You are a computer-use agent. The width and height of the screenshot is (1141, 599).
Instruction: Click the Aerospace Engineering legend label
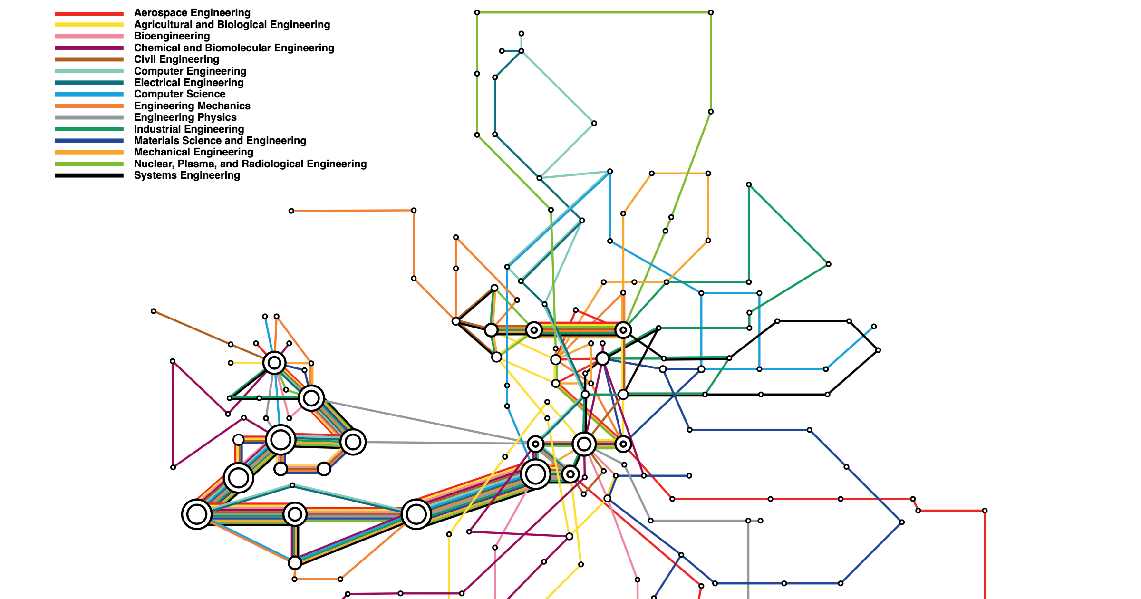pos(192,13)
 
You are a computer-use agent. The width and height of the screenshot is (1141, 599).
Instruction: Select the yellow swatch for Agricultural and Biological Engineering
pos(89,25)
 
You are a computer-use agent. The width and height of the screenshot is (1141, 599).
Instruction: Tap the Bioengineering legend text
pos(172,36)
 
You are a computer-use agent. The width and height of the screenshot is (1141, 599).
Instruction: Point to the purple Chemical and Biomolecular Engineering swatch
pos(89,48)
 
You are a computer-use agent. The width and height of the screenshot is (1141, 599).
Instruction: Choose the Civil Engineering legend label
pos(176,59)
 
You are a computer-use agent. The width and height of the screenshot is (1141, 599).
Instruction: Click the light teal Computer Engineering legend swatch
pos(89,71)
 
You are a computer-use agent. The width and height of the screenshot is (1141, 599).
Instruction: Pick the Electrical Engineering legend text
pos(189,83)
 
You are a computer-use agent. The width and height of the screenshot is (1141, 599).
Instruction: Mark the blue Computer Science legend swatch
pos(89,95)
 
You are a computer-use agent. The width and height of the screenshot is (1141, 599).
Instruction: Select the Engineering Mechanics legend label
pos(192,106)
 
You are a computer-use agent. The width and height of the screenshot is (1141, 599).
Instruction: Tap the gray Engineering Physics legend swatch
pos(89,117)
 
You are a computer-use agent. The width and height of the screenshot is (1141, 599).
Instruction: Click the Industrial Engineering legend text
pos(189,129)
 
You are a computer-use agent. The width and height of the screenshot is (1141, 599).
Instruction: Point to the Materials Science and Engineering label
pos(220,141)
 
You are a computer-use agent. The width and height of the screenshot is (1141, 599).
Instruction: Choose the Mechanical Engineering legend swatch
pos(89,152)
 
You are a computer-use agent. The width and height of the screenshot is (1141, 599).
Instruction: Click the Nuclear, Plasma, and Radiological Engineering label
pos(250,164)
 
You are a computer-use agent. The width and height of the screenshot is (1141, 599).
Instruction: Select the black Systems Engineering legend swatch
pos(89,175)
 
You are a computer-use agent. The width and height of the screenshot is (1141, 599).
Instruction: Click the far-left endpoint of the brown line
pos(154,311)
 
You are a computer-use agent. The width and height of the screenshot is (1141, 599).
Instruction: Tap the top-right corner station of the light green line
pos(711,12)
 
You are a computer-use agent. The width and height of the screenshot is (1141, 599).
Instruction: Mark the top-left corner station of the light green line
pos(477,12)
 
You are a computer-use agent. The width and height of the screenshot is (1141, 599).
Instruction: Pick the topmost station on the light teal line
pos(522,34)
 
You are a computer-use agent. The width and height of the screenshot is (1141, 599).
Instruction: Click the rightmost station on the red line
pos(985,511)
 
